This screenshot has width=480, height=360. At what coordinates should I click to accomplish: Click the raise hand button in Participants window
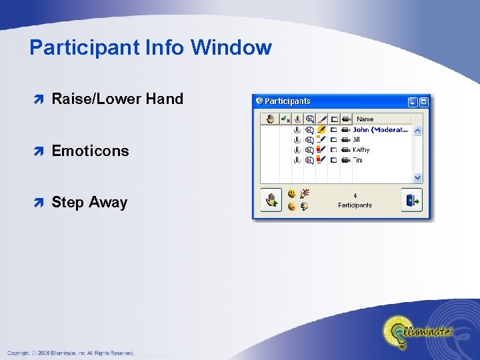click(271, 200)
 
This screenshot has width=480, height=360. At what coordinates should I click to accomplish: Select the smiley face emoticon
click(291, 194)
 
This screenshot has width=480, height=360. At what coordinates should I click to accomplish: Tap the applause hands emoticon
click(305, 194)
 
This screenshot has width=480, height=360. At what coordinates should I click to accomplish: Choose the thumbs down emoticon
click(305, 207)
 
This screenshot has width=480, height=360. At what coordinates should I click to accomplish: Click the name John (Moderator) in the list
click(381, 130)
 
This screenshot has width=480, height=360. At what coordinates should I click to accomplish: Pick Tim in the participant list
click(358, 160)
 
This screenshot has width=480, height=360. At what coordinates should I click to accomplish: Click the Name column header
click(365, 119)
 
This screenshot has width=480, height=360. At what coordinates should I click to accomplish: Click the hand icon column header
click(270, 119)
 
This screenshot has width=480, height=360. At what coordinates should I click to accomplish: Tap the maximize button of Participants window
click(423, 102)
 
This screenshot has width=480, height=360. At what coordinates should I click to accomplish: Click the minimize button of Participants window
click(413, 102)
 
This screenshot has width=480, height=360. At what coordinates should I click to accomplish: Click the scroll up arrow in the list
click(417, 131)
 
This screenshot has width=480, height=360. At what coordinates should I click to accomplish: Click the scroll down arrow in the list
click(417, 178)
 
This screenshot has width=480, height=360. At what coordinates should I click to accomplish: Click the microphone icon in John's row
click(297, 130)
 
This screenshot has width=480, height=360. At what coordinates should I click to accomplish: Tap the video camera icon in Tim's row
click(345, 160)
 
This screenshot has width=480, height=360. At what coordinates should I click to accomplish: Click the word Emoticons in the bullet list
click(90, 151)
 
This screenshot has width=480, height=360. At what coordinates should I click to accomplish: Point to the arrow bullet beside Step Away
click(39, 203)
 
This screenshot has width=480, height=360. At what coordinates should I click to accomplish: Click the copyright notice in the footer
click(71, 353)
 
